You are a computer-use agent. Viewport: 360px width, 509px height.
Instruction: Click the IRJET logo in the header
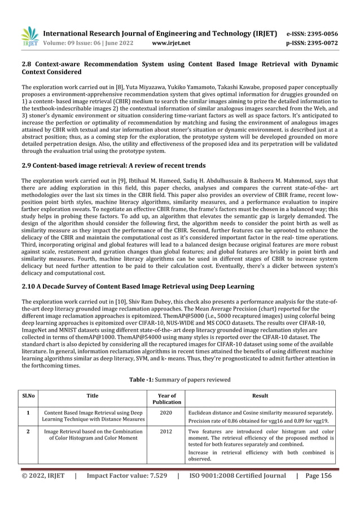[30, 35]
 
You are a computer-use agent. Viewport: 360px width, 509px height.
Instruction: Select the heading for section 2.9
[113, 165]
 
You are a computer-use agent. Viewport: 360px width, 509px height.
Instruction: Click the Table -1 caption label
[148, 379]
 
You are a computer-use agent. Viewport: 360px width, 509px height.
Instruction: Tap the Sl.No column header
[29, 396]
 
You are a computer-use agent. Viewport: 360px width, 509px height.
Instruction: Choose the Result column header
[260, 396]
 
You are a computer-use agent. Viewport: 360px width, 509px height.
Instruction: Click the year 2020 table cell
[166, 413]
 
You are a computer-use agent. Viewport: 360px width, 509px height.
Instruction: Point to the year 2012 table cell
[166, 432]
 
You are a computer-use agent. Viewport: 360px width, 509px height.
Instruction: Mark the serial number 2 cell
[29, 432]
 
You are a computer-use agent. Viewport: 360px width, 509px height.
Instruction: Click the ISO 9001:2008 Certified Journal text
[236, 492]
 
